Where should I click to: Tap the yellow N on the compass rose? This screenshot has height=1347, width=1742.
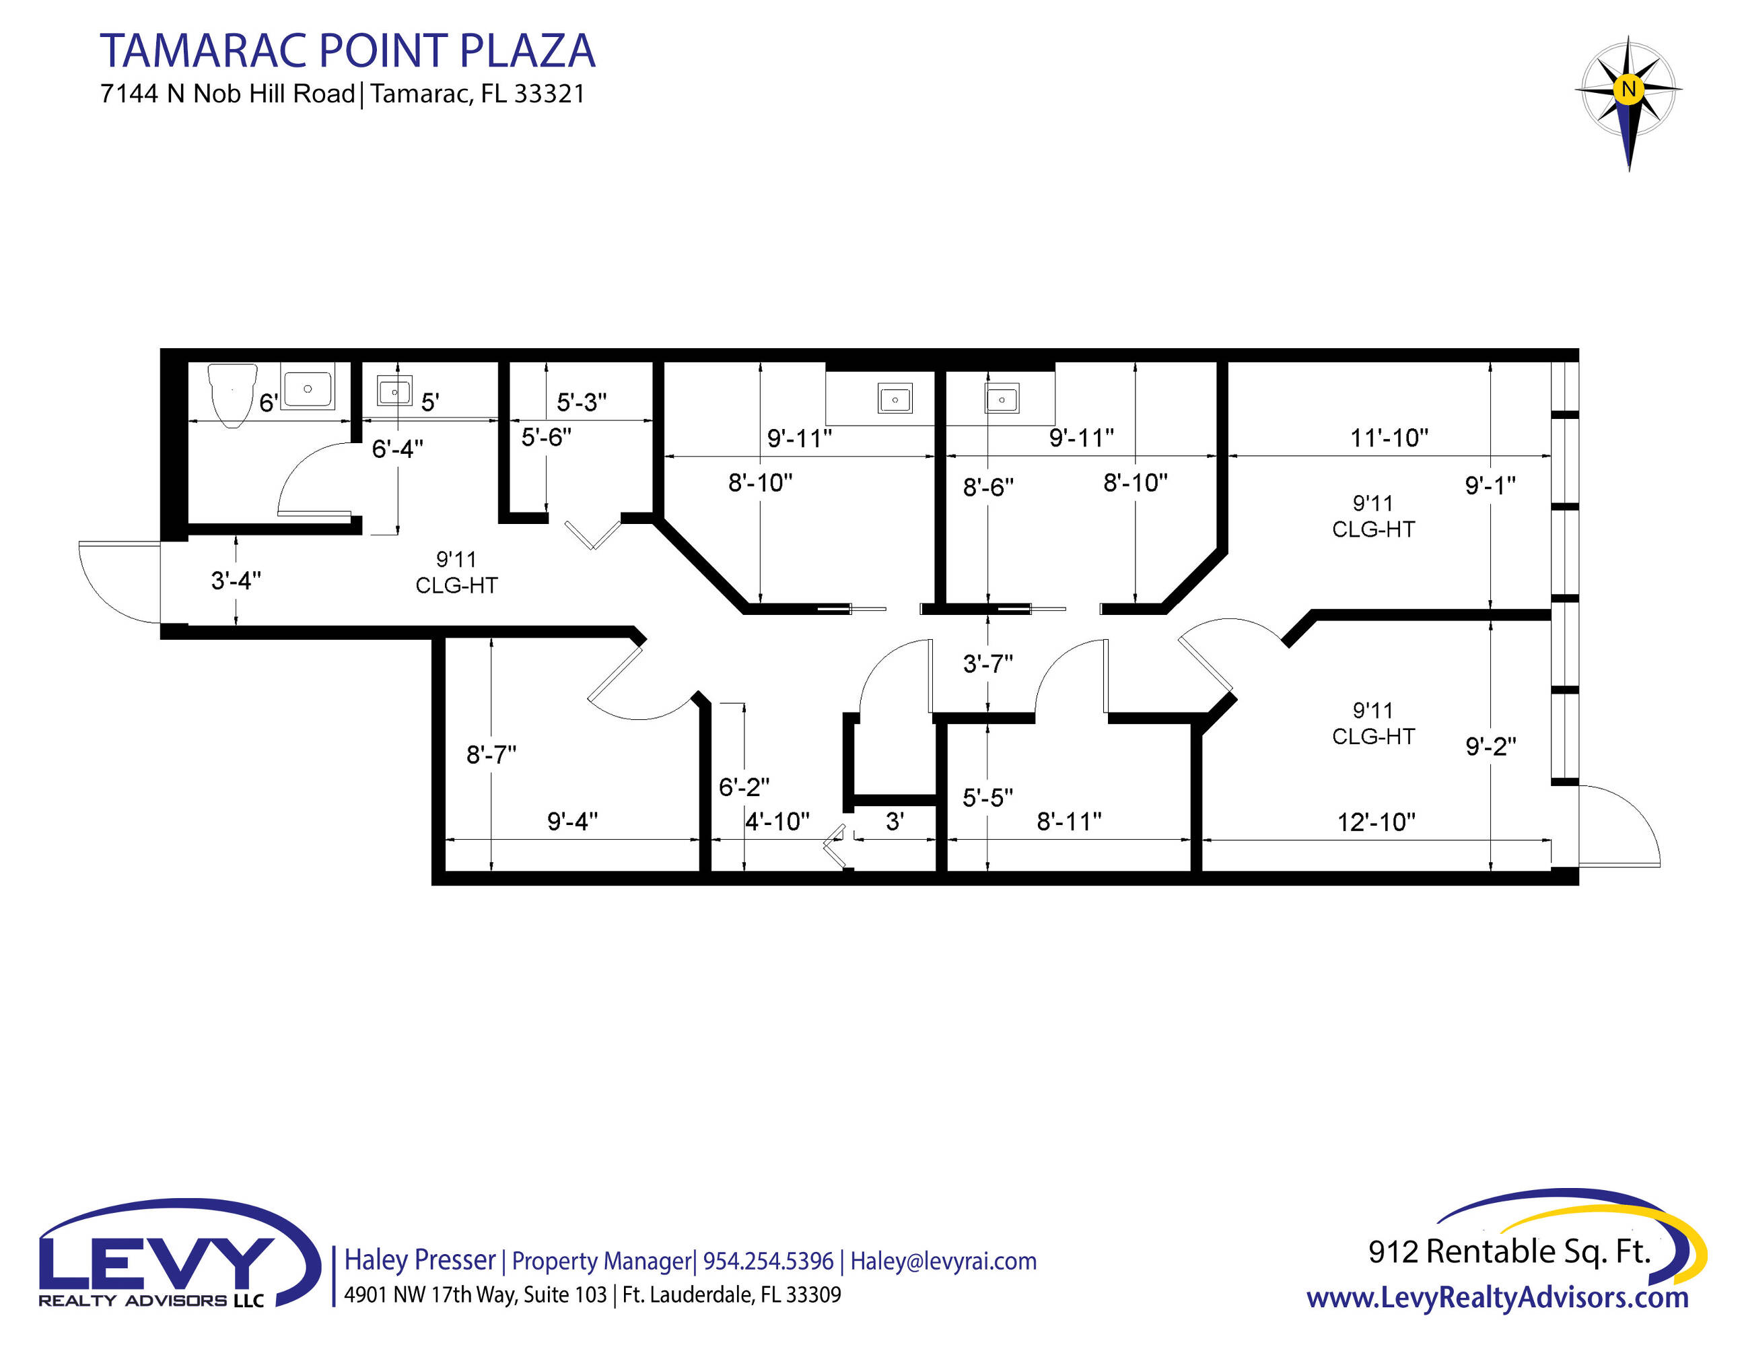1628,89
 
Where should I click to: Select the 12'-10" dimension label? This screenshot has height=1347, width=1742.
1376,822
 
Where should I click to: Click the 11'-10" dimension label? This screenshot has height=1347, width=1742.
1389,437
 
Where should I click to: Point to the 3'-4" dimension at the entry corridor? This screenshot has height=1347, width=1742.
236,580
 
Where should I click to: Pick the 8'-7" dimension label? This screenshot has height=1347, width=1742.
491,754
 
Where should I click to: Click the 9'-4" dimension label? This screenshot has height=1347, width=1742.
572,820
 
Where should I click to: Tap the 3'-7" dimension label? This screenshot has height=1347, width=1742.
987,663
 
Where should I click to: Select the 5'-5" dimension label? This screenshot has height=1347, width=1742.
987,797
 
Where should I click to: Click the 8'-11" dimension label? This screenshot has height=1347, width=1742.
1069,820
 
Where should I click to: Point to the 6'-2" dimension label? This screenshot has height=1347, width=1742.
743,787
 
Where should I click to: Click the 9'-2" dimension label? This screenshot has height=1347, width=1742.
1491,746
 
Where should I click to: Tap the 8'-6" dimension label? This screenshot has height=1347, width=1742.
988,487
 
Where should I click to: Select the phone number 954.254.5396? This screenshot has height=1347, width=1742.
768,1261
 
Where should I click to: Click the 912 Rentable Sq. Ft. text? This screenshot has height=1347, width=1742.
1509,1251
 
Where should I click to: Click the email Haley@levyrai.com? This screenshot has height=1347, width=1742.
944,1261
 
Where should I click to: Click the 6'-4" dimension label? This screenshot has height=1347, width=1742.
397,449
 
